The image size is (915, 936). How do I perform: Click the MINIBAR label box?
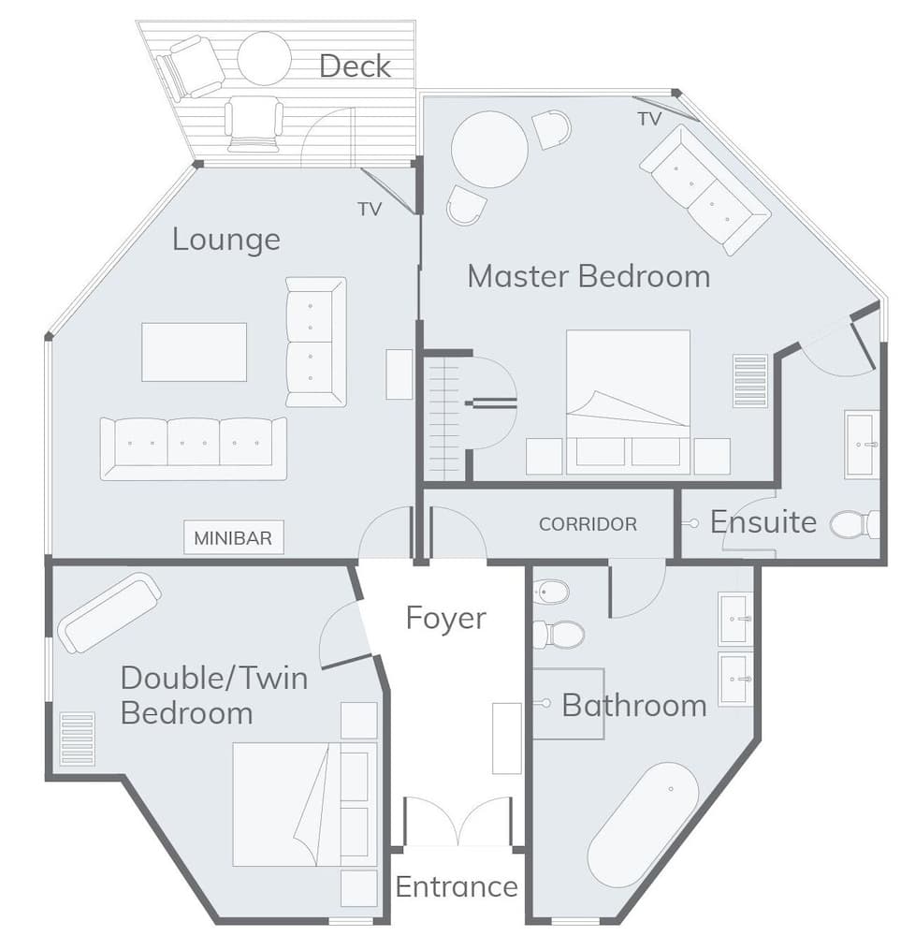pos(233,538)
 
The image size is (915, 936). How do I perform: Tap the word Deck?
pos(355,66)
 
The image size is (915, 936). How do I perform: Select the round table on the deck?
pos(264,58)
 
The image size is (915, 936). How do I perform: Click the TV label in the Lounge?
pos(370,210)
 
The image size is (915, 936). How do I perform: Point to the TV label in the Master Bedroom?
pos(649,119)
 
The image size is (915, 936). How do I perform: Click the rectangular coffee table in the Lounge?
pos(194,352)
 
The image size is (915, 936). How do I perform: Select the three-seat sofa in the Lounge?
pos(194,447)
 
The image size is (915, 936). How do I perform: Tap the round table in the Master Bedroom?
pos(489,150)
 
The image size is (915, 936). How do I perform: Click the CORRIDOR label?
pos(588,524)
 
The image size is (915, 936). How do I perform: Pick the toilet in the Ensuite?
pos(852,524)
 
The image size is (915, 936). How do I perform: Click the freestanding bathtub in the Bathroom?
pos(644,824)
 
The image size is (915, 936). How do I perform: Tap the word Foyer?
pos(445,618)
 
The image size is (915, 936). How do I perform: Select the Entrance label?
pos(456,885)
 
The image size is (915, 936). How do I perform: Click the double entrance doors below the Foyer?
pos(457,822)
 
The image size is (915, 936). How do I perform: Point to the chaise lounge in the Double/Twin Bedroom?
pos(109,612)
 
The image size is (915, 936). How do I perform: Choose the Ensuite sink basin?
pos(862,445)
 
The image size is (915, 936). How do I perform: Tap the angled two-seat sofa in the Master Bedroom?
pos(704,190)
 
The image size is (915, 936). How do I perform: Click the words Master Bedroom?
pos(588,276)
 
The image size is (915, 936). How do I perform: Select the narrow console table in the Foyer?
pos(506,737)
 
